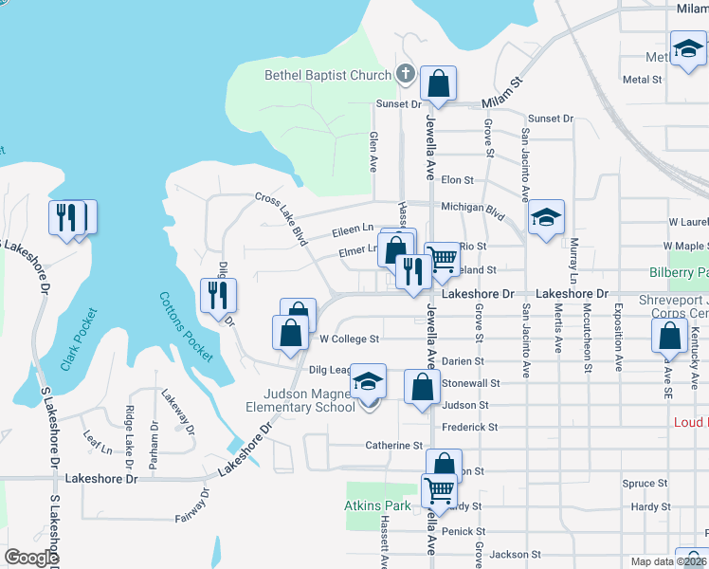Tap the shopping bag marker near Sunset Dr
[438, 84]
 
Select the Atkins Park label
[377, 506]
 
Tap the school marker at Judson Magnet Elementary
[369, 382]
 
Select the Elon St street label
[457, 179]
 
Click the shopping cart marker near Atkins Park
[438, 491]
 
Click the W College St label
[349, 339]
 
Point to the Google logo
[31, 558]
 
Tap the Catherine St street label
[393, 445]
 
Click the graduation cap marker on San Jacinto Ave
[546, 218]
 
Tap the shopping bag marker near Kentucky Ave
[670, 337]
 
